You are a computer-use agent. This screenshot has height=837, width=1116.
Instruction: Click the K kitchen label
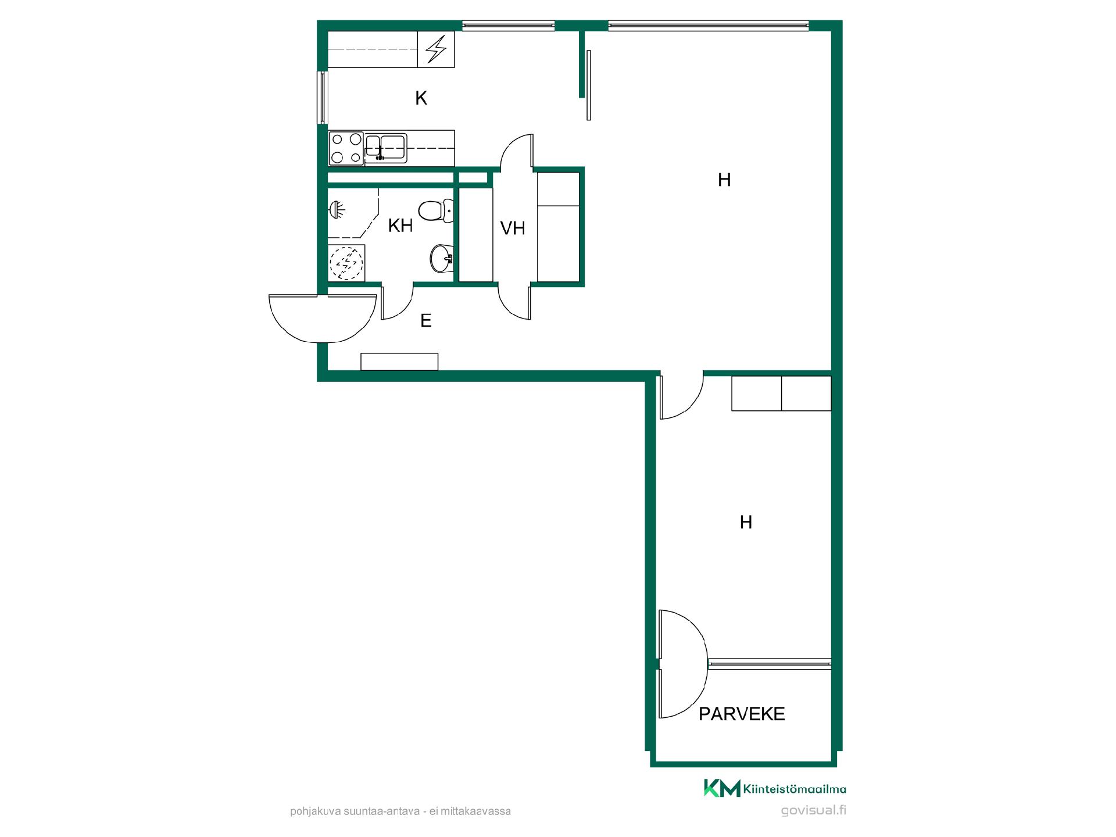tap(421, 98)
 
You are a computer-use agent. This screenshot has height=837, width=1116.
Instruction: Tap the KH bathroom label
tap(400, 226)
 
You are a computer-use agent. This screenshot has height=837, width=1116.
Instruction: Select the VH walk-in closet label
tap(513, 228)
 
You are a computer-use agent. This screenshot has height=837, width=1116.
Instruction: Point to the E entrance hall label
tap(426, 320)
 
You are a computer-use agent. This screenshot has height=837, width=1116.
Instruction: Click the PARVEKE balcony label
tap(742, 714)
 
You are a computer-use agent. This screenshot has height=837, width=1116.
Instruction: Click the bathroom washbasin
tap(442, 258)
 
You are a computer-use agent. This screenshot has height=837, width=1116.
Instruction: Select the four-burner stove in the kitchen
tap(346, 148)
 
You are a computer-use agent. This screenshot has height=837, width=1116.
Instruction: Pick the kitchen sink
tap(385, 146)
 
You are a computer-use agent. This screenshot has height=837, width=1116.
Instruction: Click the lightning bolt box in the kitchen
tap(437, 49)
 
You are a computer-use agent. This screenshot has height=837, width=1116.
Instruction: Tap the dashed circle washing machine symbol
tap(346, 263)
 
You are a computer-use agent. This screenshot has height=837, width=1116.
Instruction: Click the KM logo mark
tap(722, 788)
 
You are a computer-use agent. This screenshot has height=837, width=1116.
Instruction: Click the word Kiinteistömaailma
tap(795, 789)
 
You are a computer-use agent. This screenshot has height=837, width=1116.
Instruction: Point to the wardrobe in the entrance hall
tap(399, 361)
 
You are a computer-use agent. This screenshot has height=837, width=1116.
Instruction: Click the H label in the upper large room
tap(724, 180)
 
